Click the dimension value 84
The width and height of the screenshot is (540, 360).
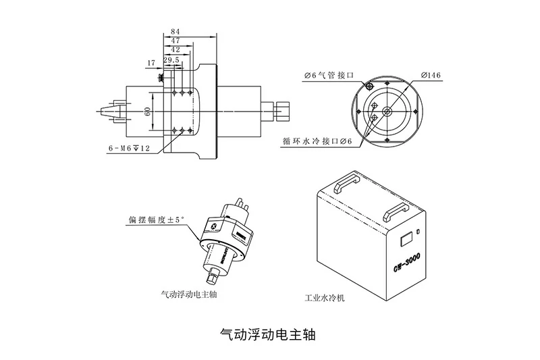click(x=175, y=32)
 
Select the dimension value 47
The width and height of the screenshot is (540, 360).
click(x=175, y=41)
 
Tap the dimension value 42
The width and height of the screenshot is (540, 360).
click(x=175, y=50)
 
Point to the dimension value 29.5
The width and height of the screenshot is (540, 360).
click(x=171, y=59)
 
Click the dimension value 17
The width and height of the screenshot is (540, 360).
click(x=151, y=63)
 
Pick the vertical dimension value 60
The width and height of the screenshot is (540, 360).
click(x=146, y=112)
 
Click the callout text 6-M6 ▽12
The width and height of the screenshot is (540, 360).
click(x=129, y=147)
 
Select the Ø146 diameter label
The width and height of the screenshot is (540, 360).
click(x=430, y=76)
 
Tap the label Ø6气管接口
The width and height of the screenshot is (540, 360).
click(x=327, y=76)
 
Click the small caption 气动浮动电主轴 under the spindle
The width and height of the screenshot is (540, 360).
click(x=190, y=294)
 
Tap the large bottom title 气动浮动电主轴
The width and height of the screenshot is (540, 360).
click(x=269, y=334)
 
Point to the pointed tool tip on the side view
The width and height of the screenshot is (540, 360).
click(x=102, y=110)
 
